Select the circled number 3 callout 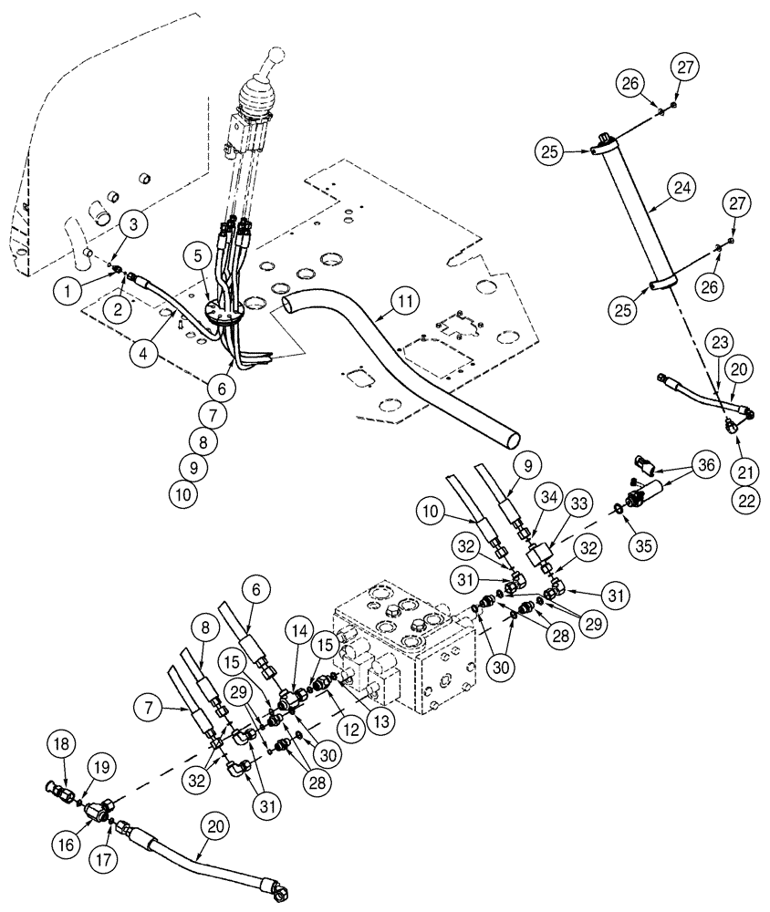pos(133,223)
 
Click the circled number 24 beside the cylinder pos(682,189)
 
